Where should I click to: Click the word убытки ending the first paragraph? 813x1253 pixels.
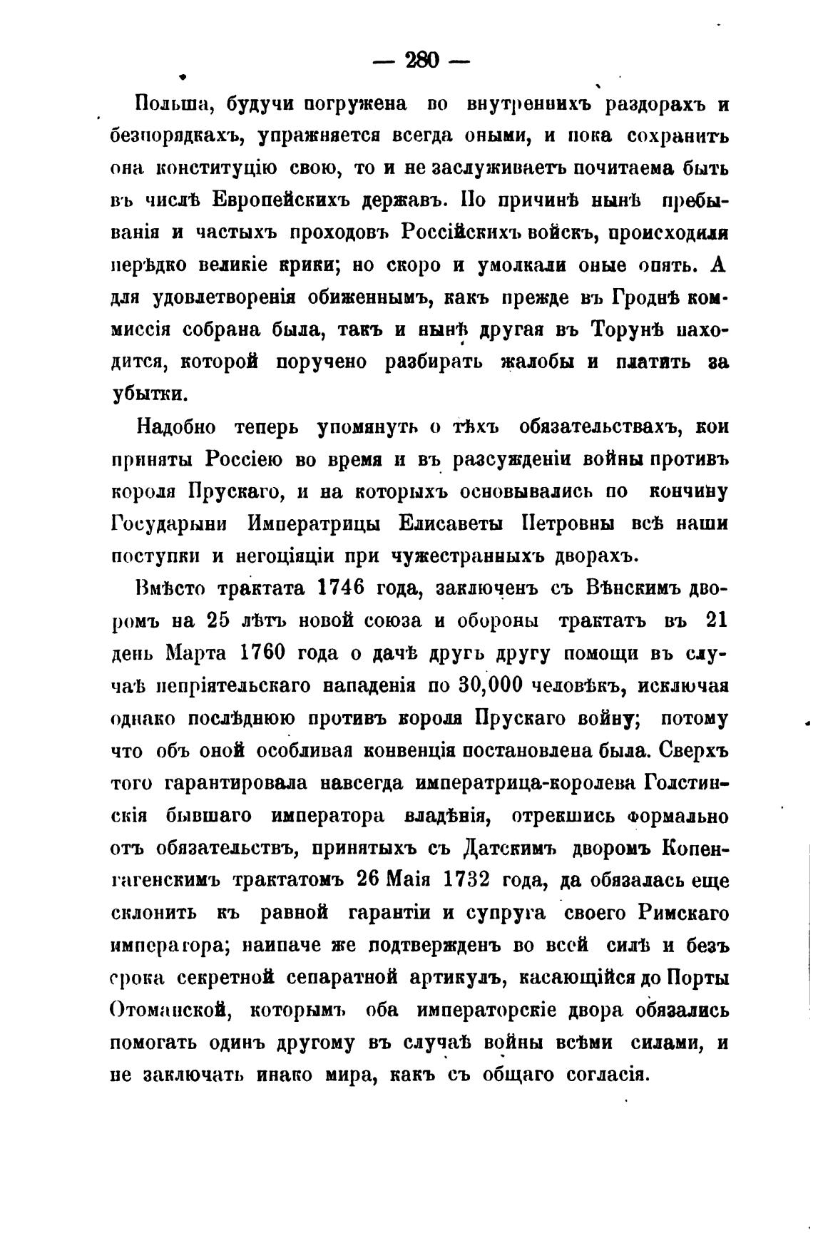pos(148,394)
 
